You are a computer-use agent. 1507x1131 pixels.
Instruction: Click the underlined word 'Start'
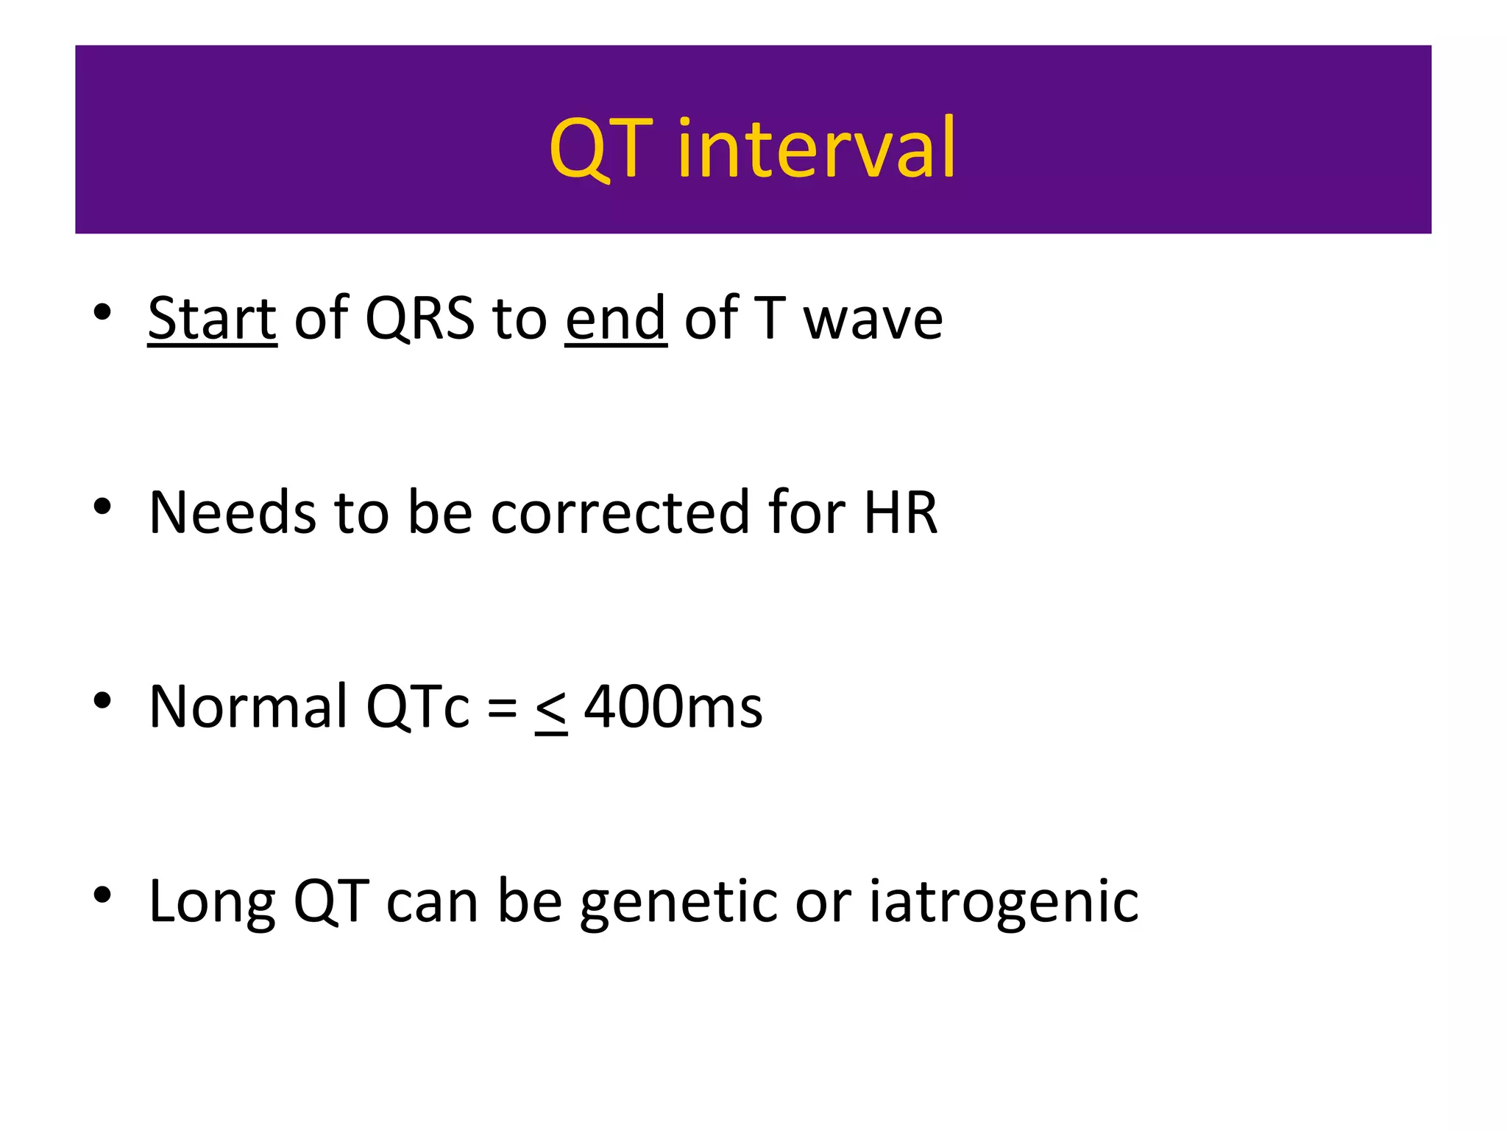click(212, 318)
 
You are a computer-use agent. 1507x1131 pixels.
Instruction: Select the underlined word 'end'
click(616, 318)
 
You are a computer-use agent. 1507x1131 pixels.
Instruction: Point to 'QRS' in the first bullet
click(419, 320)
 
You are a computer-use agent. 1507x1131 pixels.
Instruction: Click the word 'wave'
click(873, 320)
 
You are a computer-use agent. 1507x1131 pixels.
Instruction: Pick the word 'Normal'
click(248, 706)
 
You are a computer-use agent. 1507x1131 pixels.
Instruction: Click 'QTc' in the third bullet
click(417, 706)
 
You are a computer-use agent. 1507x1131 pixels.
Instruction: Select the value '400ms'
click(673, 706)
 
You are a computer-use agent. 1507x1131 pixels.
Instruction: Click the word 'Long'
click(212, 901)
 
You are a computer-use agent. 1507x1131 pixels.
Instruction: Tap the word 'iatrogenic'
click(1004, 903)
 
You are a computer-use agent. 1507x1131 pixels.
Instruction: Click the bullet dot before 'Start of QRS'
click(102, 312)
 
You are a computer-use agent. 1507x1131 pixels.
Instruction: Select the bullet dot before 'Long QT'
click(102, 895)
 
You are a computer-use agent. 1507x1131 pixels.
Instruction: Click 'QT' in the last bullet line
click(330, 901)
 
